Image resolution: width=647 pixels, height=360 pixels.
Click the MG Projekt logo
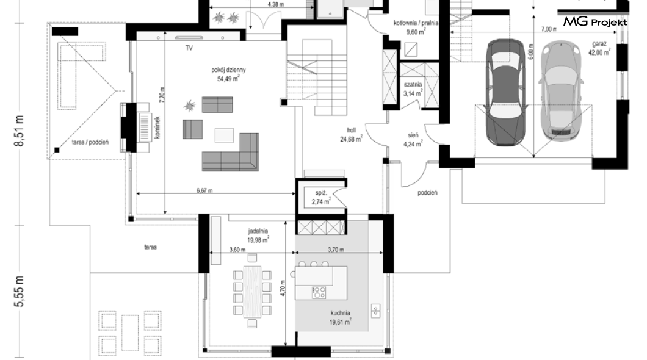(x=595, y=21)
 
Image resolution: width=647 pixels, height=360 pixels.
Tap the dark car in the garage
(x=506, y=92)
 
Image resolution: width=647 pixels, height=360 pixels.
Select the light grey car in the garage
(x=562, y=91)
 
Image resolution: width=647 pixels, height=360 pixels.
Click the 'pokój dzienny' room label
(x=228, y=70)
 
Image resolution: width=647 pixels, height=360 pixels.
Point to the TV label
(x=189, y=48)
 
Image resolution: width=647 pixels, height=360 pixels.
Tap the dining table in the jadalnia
(x=252, y=292)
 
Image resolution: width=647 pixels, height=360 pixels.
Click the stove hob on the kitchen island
(x=319, y=292)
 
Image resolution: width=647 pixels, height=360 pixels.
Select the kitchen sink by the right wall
(x=375, y=311)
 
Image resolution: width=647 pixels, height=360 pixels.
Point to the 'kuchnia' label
(x=340, y=313)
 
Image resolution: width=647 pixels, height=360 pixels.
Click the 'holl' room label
(x=351, y=131)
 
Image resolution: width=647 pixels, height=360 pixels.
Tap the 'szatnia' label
(x=413, y=85)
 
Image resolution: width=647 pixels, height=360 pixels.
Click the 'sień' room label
(x=413, y=135)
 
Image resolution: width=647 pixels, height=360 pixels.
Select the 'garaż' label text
(x=599, y=44)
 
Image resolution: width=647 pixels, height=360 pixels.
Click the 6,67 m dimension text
(x=204, y=190)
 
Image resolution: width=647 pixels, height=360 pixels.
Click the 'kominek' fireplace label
(x=157, y=127)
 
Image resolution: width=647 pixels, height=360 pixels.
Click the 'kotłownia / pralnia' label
(x=416, y=23)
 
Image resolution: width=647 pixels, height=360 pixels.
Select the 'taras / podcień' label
(x=90, y=142)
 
